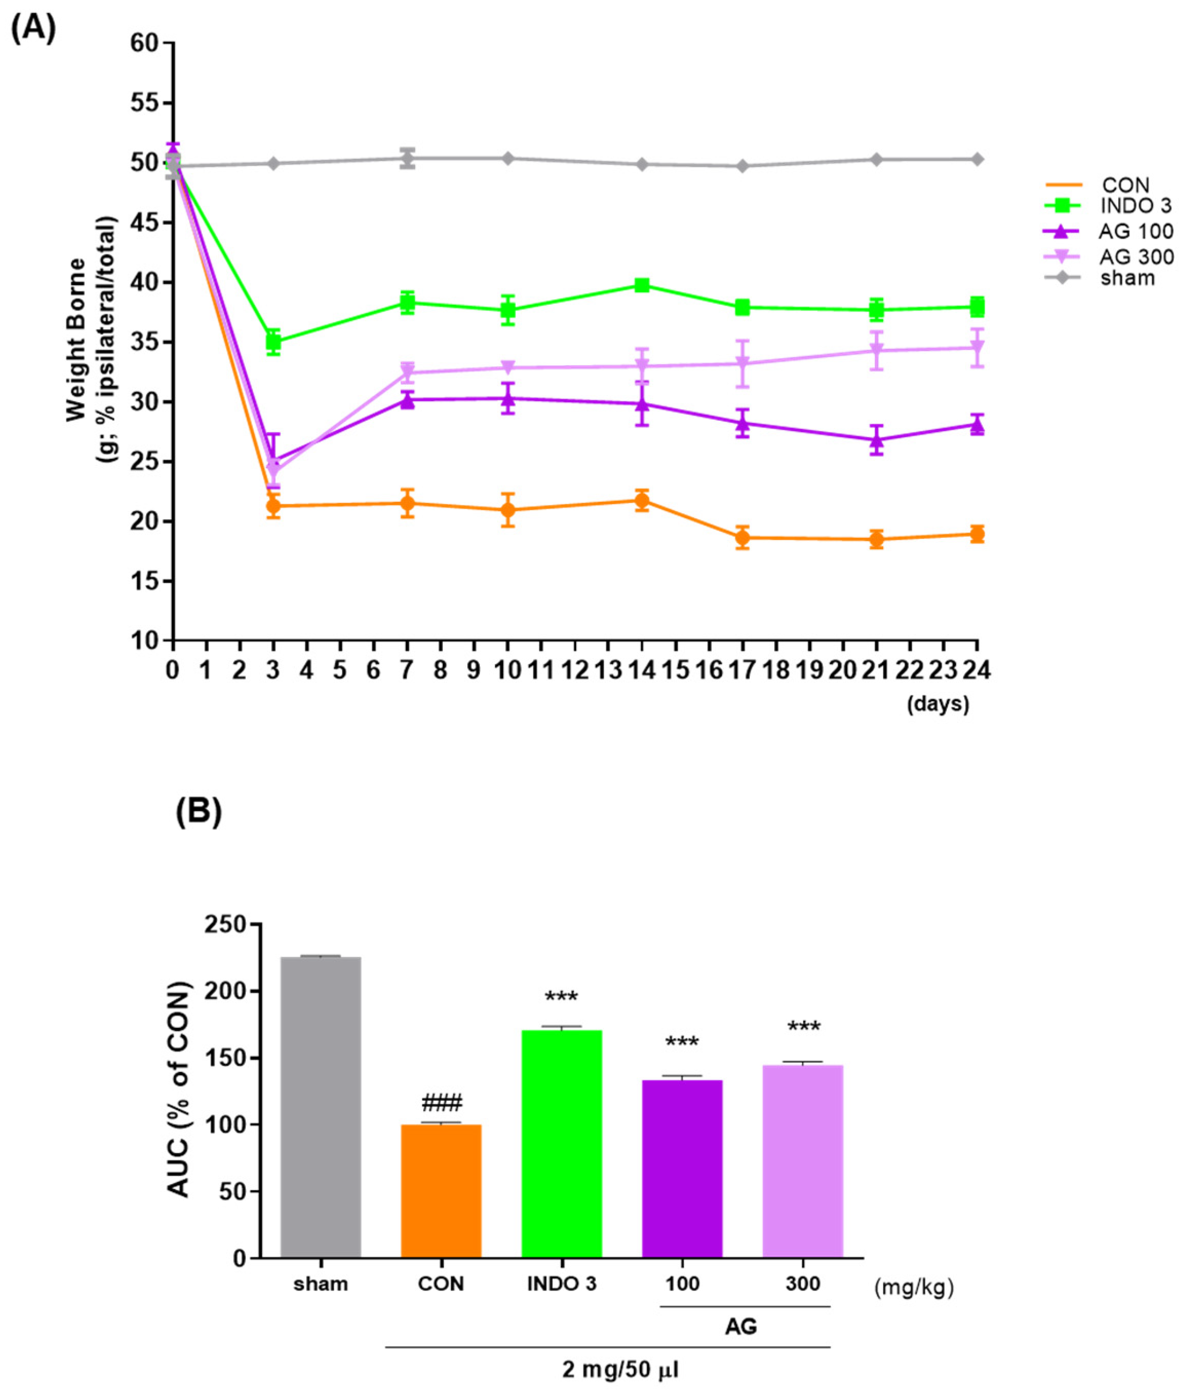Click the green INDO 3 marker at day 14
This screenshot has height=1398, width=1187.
click(642, 285)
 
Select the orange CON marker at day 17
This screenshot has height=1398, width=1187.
click(742, 537)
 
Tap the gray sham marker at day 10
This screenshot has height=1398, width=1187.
click(508, 158)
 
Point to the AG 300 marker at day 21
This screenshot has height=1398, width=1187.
click(876, 351)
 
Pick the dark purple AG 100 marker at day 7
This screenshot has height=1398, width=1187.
click(407, 400)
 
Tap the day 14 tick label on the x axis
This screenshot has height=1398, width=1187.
click(642, 671)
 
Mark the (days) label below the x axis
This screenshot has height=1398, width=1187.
click(938, 704)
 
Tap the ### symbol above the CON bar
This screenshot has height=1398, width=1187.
click(441, 1103)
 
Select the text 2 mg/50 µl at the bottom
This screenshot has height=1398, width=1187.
click(620, 1370)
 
